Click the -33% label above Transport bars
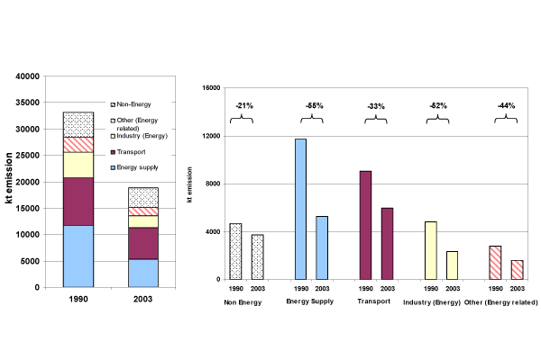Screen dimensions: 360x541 [376, 106]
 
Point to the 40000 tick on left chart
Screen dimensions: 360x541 [28, 76]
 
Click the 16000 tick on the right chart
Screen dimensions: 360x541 [209, 88]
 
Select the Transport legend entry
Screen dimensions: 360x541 [132, 152]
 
